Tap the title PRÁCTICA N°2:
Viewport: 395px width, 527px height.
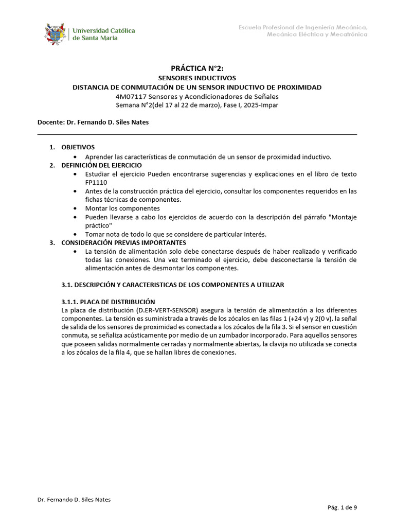[197, 68]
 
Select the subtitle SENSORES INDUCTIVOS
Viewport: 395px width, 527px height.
[197, 78]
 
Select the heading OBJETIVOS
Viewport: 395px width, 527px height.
[78, 147]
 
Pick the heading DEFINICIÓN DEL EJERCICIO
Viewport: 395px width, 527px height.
[102, 165]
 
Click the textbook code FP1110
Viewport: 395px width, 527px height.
[96, 182]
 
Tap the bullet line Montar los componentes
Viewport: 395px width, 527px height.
[122, 208]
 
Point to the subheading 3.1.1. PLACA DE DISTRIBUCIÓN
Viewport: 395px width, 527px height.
[108, 302]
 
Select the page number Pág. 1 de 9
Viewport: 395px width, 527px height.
[342, 507]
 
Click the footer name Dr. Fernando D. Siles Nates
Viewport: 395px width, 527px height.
[74, 500]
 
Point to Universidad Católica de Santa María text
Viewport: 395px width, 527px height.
[103, 34]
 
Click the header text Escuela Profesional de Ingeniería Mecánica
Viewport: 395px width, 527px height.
[303, 27]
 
